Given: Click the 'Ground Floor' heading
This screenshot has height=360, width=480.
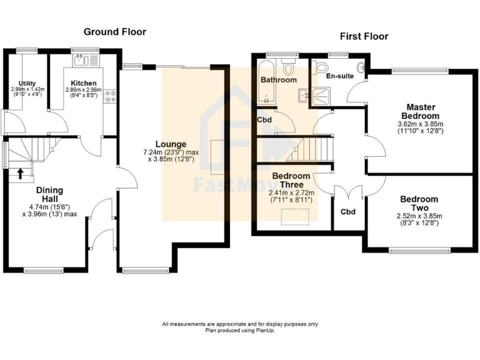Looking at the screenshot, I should tap(114, 32).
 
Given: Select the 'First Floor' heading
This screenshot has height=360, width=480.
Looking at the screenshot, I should tap(364, 36).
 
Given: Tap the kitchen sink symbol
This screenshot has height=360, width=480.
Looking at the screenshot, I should tap(80, 61).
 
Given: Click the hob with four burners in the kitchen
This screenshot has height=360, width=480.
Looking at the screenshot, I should tap(111, 96).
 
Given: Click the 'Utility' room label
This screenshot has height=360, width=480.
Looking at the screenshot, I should tap(27, 83).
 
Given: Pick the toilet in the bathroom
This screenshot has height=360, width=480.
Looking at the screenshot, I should tap(289, 67).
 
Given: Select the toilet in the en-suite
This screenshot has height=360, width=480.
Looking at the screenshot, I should tap(322, 67).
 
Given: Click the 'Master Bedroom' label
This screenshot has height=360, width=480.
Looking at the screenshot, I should tap(422, 112).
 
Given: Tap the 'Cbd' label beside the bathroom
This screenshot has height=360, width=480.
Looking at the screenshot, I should tap(264, 121).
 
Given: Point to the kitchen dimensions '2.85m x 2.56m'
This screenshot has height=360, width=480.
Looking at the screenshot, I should tap(83, 90).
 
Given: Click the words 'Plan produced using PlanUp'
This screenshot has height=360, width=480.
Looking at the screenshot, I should tap(240, 330).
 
